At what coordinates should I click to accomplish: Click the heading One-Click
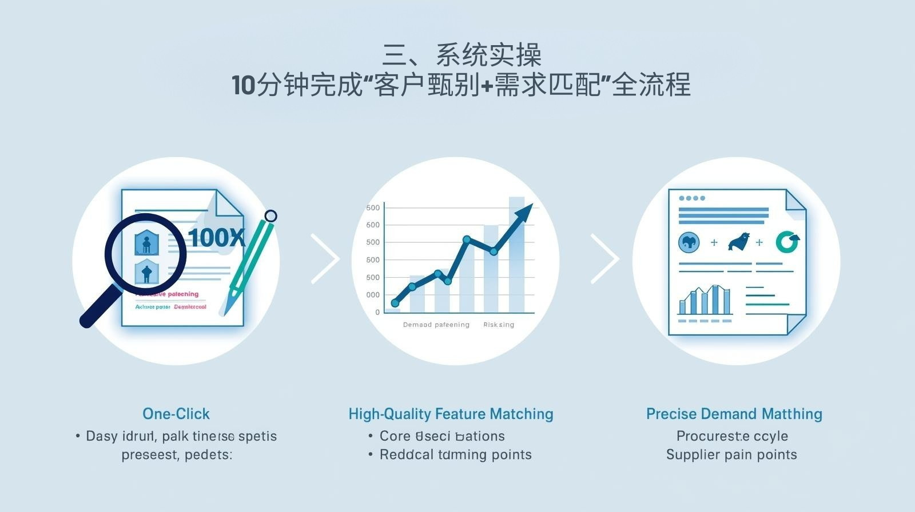tap(176, 414)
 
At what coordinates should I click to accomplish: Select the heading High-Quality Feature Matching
tap(451, 414)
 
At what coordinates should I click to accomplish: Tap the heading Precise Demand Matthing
tap(734, 414)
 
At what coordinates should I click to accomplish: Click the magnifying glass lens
tap(145, 253)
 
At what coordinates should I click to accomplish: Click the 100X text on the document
tap(216, 238)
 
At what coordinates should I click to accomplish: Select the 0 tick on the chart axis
tap(377, 313)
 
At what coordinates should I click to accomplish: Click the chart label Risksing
tap(498, 325)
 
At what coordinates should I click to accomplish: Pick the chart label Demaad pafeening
tap(436, 325)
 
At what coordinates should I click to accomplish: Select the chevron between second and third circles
tap(604, 258)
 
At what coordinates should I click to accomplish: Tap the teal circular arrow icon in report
tap(787, 242)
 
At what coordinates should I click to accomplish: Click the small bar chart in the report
tap(705, 301)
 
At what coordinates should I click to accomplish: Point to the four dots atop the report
tap(691, 198)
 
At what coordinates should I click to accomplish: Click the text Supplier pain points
tap(731, 455)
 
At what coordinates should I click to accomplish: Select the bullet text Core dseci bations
tap(442, 436)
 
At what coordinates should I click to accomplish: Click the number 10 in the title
tap(243, 86)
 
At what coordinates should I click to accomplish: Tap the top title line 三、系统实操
tap(461, 55)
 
